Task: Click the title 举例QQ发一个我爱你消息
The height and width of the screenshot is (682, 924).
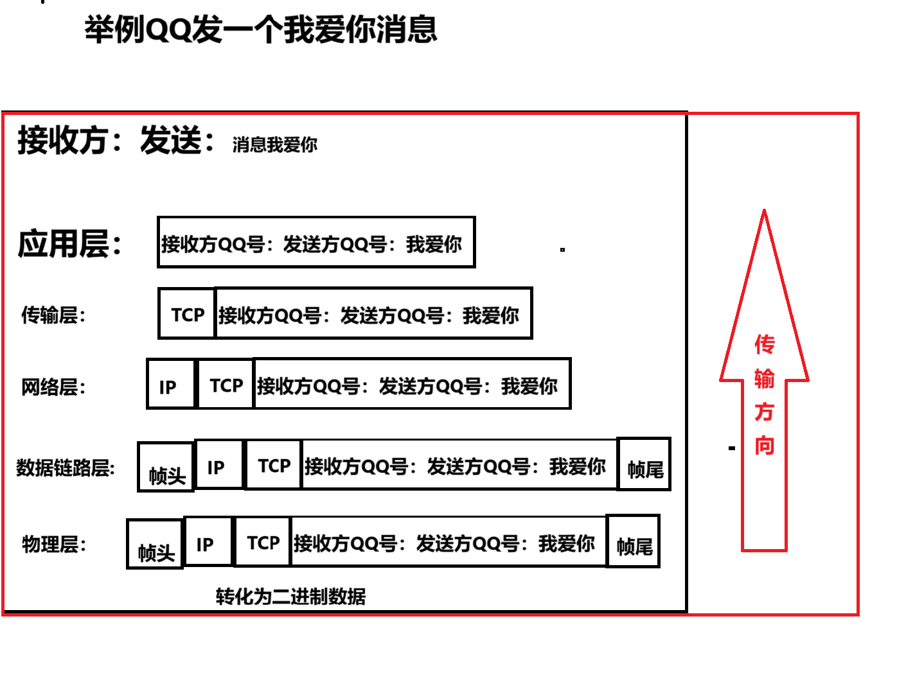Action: point(260,30)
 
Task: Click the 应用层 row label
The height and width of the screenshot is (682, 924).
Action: point(69,244)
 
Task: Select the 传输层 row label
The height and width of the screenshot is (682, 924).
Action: point(53,315)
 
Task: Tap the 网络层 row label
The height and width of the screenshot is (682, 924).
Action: point(53,387)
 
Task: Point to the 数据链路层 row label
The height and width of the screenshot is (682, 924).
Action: point(66,468)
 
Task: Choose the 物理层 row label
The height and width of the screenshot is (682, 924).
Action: point(54,545)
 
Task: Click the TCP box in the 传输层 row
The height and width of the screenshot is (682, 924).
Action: point(187,314)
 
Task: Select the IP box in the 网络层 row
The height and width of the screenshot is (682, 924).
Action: point(170,385)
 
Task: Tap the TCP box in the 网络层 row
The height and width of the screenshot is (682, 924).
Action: point(226,385)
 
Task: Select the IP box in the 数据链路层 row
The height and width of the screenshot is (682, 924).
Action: point(218,465)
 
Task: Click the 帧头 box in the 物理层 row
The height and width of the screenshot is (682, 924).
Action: point(155,545)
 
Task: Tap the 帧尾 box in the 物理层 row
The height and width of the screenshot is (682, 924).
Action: point(634,542)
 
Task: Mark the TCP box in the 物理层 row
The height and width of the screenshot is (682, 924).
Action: point(263,543)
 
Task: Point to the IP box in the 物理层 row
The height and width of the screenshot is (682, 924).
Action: point(208,543)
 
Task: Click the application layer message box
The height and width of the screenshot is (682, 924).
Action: point(315,243)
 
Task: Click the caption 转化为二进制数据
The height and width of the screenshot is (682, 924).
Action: point(290,597)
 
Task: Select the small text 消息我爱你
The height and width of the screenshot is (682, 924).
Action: point(274,144)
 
